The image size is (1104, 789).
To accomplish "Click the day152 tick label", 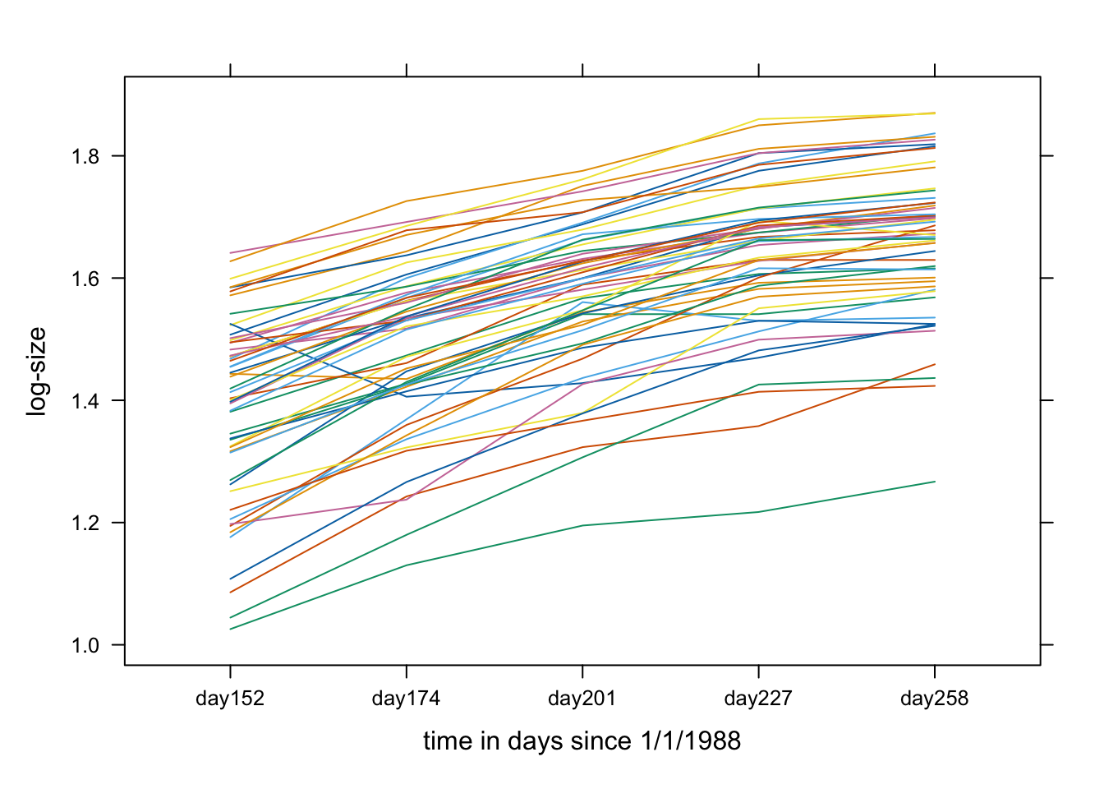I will click(230, 699).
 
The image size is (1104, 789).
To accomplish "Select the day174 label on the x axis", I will click(406, 699).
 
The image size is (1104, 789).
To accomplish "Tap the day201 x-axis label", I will click(582, 699).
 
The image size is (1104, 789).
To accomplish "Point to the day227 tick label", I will click(758, 699).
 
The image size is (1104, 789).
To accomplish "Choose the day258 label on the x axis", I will click(934, 699).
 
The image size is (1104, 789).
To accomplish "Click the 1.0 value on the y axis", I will click(85, 645).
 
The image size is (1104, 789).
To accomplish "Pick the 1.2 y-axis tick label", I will click(85, 523).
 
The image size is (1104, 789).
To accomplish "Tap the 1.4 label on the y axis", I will click(85, 400).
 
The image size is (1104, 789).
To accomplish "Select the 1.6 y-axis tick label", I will click(85, 279).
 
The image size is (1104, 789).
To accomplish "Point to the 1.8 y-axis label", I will click(85, 156).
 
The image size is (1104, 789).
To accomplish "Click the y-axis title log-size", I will click(37, 371).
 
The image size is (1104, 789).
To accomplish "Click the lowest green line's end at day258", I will click(935, 482).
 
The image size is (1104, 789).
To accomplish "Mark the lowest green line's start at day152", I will click(230, 630).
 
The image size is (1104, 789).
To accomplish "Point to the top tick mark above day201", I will click(582, 70).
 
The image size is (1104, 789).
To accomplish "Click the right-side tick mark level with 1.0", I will click(1046, 645).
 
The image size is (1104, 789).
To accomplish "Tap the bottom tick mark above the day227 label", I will click(758, 671).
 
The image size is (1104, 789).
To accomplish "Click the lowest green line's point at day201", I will click(582, 525).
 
